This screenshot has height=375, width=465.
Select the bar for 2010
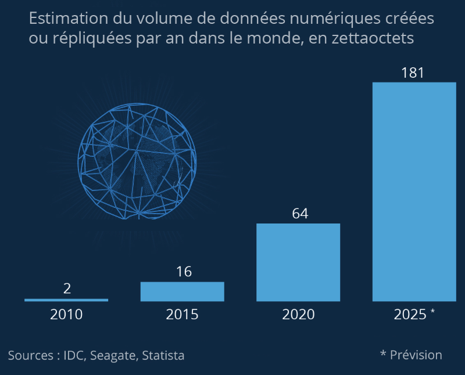[x=66, y=300]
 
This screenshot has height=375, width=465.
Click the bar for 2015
[x=182, y=291]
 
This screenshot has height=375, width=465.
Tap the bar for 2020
[x=298, y=262]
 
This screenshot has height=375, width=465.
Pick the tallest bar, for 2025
[x=414, y=192]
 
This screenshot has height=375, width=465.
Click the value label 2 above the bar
[x=66, y=289]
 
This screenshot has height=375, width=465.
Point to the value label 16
[x=184, y=272]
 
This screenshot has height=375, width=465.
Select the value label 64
[x=299, y=213]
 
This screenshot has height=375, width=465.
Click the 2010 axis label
[x=66, y=315]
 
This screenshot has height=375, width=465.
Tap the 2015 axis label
[x=182, y=315]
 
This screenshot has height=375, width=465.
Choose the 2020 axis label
[x=298, y=315]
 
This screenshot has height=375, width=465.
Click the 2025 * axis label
[x=414, y=315]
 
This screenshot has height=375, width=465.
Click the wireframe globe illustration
[x=137, y=161]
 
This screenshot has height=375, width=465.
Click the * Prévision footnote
[x=411, y=355]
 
